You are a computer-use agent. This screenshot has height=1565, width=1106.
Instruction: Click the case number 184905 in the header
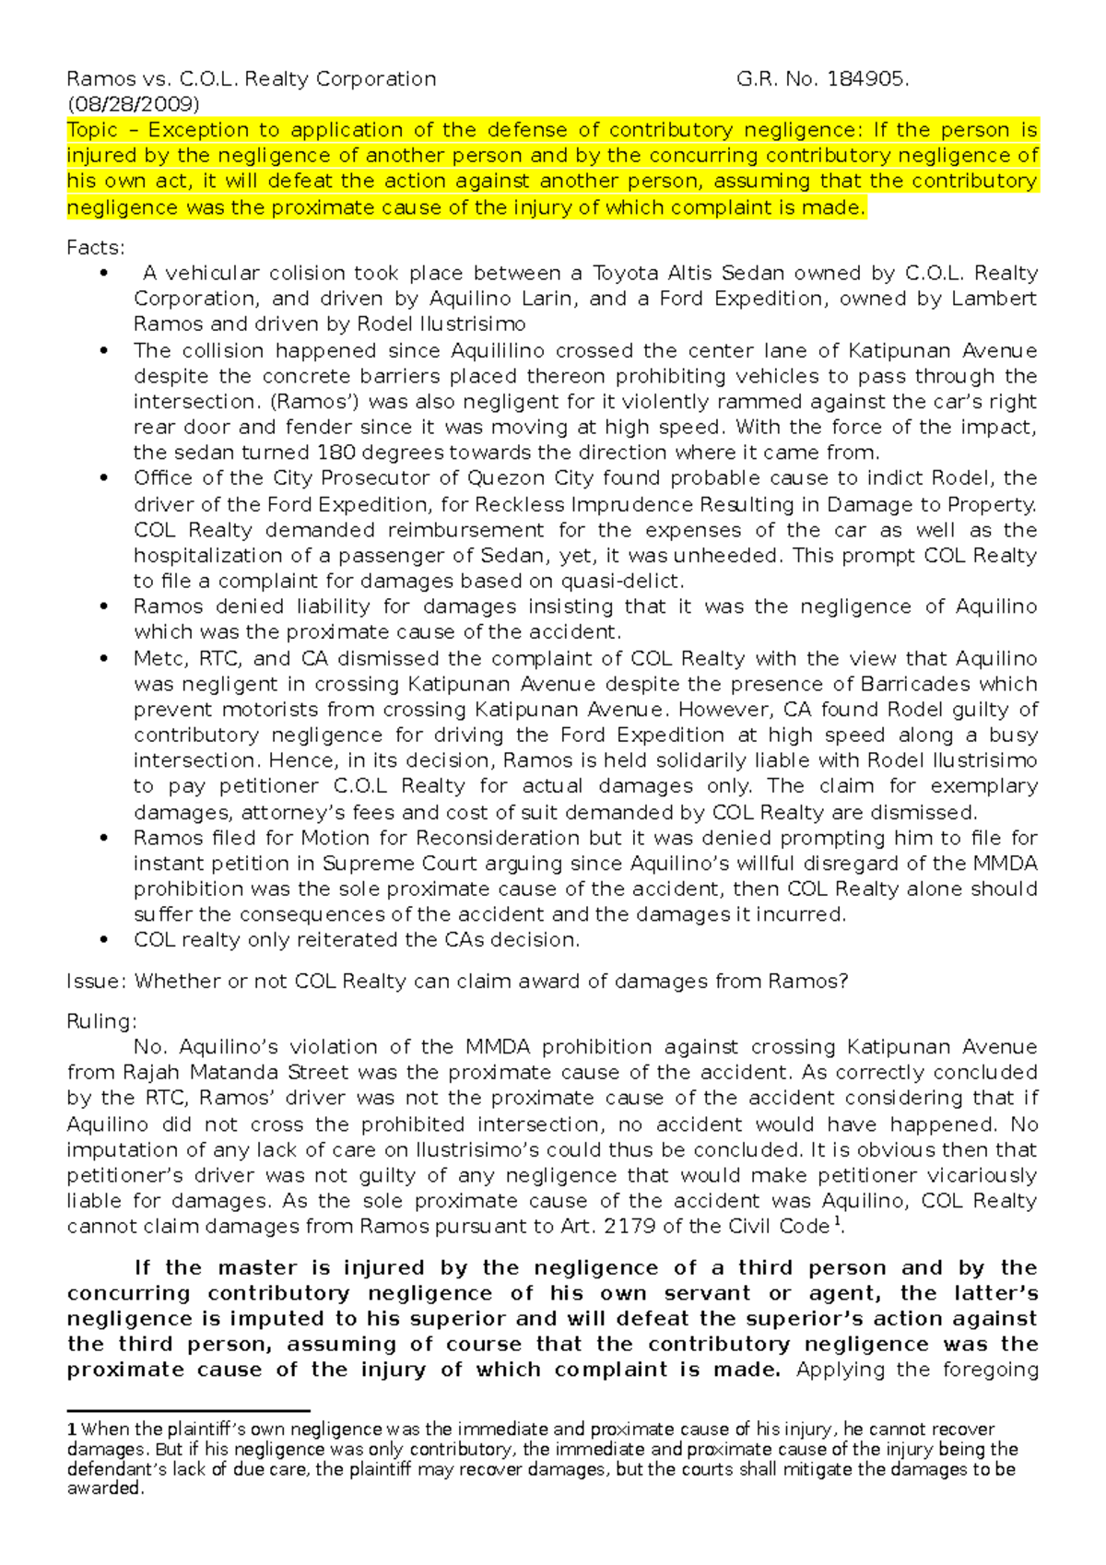pos(865,79)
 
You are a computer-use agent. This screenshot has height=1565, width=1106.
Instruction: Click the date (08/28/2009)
pos(133,104)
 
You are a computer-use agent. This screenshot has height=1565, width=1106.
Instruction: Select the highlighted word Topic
pos(92,130)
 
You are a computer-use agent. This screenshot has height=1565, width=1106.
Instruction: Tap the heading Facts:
pos(95,247)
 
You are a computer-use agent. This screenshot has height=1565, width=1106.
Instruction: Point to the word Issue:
pos(96,982)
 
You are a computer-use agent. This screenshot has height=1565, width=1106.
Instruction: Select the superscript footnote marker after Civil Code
pos(837,1222)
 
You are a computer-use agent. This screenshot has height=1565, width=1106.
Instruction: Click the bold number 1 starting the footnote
pos(72,1430)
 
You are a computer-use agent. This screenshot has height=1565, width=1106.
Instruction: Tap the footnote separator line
pos(188,1410)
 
